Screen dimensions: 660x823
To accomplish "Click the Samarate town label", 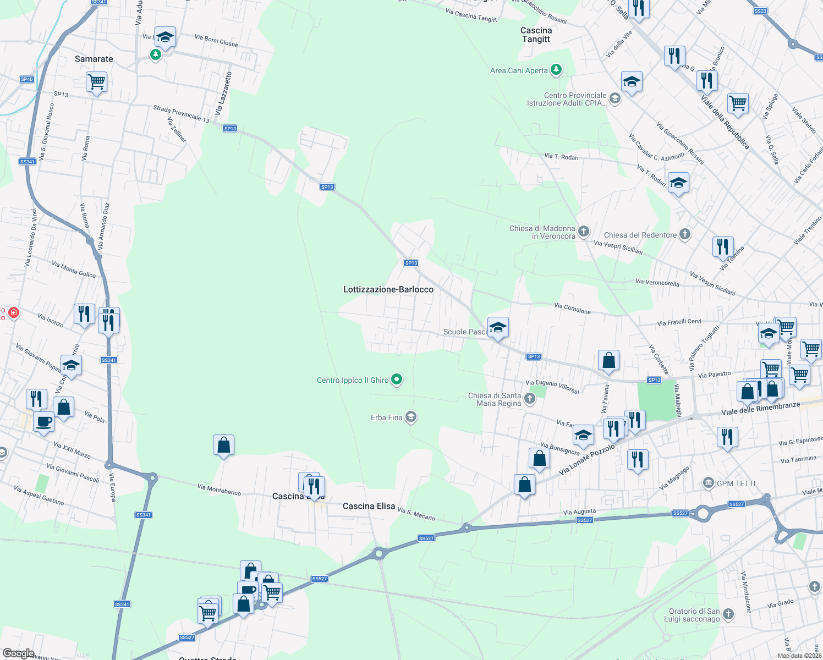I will (94, 59).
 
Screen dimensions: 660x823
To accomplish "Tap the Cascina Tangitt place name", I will (536, 35).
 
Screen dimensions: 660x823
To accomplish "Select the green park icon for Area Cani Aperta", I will (556, 69).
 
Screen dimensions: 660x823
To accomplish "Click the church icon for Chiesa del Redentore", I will (684, 234).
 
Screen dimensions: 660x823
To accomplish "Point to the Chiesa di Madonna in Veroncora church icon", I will (583, 232).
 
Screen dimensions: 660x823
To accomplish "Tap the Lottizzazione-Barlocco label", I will (388, 289).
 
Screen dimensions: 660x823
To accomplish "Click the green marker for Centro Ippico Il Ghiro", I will (397, 380).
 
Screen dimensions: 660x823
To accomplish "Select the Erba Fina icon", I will (410, 417).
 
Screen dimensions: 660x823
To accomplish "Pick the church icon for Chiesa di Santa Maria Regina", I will (529, 399).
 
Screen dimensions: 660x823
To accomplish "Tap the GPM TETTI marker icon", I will (709, 483).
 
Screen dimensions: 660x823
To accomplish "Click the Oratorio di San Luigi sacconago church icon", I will (728, 614).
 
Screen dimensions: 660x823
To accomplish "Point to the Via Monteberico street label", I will (219, 490).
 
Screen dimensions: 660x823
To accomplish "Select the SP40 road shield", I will (27, 79).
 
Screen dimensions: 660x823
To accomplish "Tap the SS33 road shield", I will (760, 11).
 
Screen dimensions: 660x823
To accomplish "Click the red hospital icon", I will (14, 313).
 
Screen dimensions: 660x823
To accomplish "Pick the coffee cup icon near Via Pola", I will (44, 422).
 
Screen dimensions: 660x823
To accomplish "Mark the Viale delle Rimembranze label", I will (760, 409).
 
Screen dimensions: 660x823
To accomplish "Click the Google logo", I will (18, 653).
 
